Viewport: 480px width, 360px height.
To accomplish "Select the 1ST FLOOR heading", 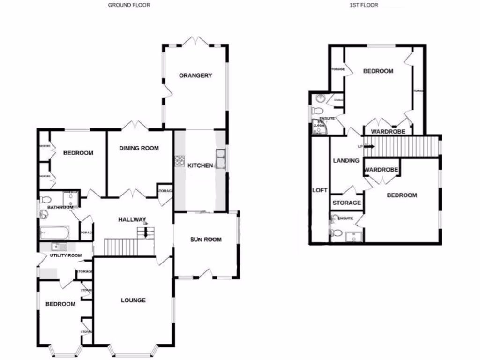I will click(x=363, y=5).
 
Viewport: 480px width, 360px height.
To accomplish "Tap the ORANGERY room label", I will click(x=195, y=75).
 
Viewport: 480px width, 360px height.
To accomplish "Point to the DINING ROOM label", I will click(x=139, y=148).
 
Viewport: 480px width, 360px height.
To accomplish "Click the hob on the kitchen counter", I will click(x=178, y=161).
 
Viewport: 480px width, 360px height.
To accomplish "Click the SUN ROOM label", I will click(x=206, y=240).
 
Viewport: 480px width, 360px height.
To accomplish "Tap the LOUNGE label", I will click(x=133, y=300).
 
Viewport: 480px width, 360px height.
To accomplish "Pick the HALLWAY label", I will click(x=132, y=219).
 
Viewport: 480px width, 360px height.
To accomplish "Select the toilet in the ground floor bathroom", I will click(x=45, y=200).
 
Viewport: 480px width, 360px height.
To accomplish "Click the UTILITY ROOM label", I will click(x=66, y=255).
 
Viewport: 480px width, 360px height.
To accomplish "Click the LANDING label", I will click(x=346, y=160).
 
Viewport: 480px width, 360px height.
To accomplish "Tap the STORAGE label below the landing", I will click(x=347, y=203).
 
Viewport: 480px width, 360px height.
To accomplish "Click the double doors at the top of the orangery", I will click(x=195, y=42).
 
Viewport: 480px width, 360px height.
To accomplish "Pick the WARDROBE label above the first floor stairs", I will click(x=388, y=132).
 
